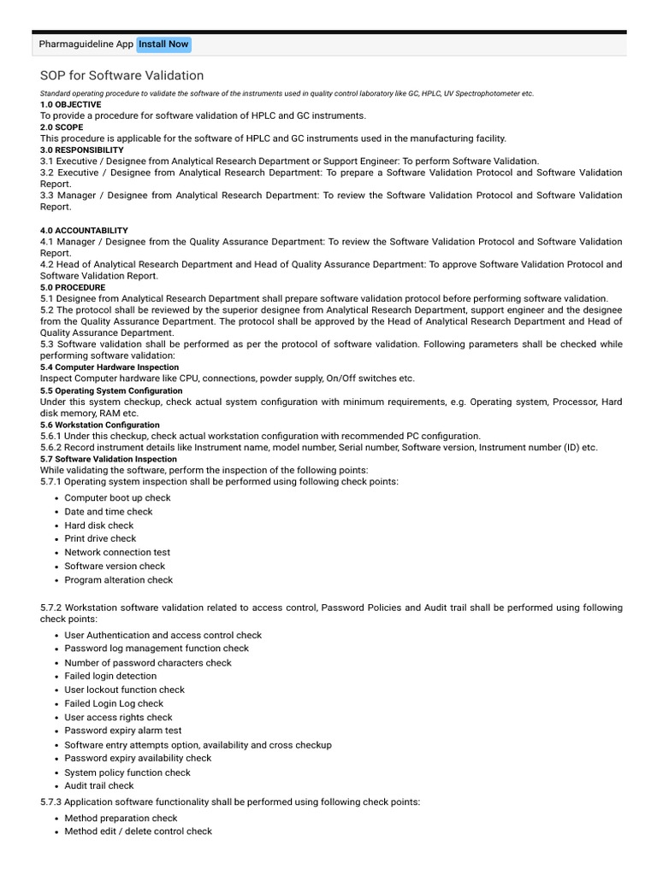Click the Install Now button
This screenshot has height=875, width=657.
coord(163,44)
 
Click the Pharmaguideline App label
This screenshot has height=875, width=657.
coord(86,44)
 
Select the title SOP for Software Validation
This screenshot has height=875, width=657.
coord(121,76)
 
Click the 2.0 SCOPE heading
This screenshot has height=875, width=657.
coord(62,126)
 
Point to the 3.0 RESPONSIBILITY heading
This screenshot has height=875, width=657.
coord(81,150)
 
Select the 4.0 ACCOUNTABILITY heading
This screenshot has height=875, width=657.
coord(84,231)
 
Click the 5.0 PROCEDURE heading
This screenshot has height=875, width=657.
coord(73,288)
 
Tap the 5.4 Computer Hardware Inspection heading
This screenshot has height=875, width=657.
coord(109,367)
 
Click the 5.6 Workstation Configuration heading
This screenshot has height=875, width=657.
coord(99,425)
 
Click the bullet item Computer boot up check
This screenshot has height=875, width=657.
coord(117,498)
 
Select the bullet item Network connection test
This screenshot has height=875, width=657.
coord(117,553)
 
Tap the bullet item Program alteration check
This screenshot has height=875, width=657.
coord(118,580)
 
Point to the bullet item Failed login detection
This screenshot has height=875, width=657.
coord(110,676)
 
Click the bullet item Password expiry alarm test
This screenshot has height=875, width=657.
coord(122,731)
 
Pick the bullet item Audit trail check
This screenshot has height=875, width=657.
coord(99,785)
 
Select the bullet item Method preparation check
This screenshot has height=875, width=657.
coord(121,818)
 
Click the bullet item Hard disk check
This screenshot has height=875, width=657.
coord(99,526)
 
